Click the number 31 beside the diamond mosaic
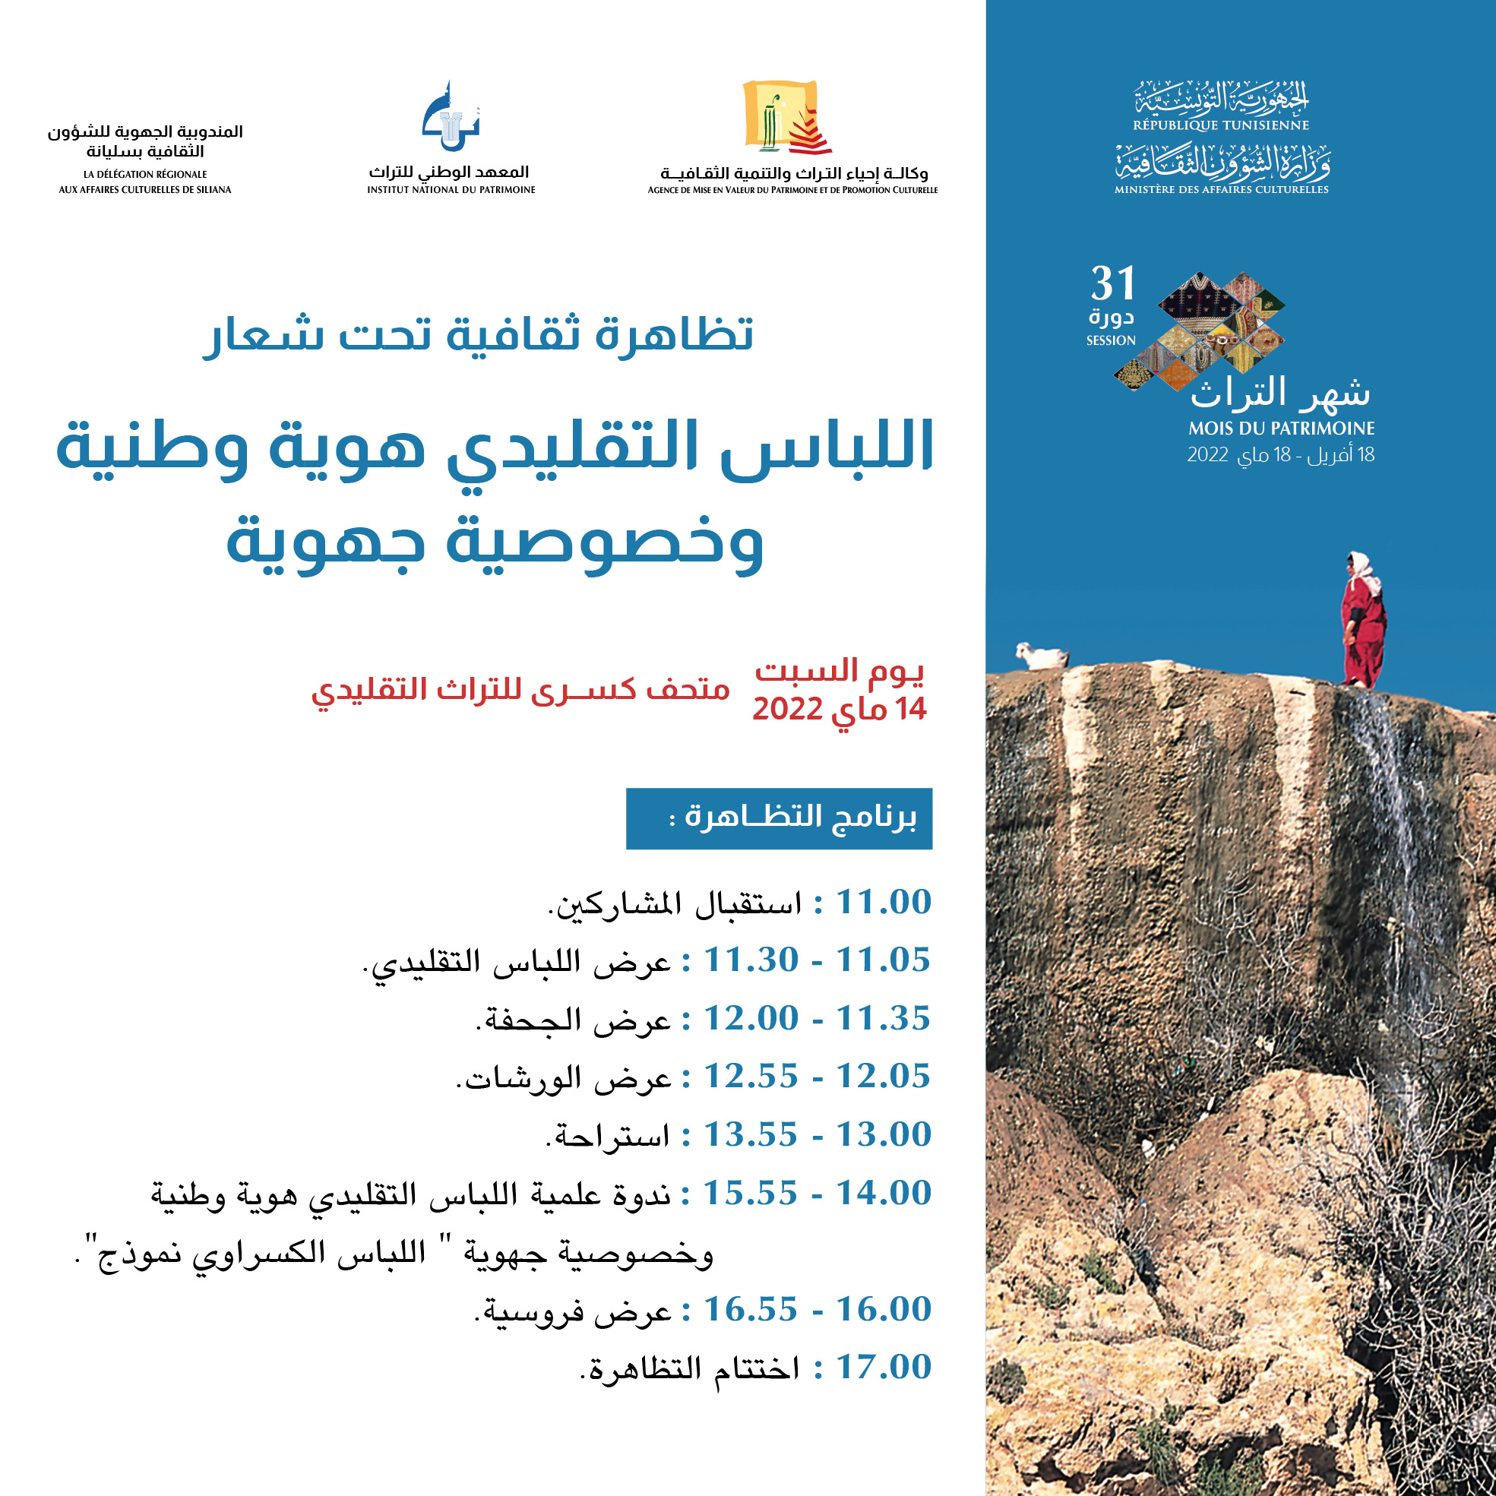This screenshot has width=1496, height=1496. point(1113,283)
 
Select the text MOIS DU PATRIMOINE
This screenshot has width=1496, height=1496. point(1282,429)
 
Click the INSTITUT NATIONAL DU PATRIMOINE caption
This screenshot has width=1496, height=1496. point(451,190)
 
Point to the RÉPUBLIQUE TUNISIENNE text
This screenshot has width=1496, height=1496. point(1221,125)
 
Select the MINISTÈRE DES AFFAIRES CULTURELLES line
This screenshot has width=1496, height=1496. point(1221,190)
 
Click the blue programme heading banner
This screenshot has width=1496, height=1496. point(778,818)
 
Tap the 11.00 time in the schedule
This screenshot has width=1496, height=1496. point(883,902)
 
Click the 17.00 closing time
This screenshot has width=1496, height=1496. point(883,1368)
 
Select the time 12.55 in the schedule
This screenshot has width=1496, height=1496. point(751,1077)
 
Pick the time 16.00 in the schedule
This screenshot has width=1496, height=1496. point(883,1309)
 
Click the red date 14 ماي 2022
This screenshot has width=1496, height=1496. point(840,710)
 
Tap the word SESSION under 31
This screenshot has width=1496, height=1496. point(1110,340)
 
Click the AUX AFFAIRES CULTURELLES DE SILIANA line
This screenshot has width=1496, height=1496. point(145,190)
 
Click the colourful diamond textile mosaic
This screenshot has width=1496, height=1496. point(1204,329)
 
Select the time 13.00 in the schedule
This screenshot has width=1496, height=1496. point(883,1135)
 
